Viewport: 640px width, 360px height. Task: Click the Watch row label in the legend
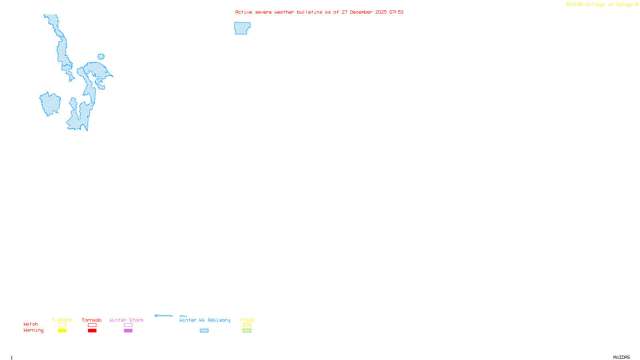click(31, 324)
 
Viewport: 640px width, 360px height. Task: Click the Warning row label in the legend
click(34, 330)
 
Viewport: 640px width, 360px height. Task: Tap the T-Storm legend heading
click(62, 320)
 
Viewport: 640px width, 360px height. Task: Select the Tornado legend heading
click(92, 320)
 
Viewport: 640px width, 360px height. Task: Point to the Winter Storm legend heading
click(126, 320)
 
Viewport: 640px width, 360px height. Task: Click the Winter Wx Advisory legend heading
click(205, 320)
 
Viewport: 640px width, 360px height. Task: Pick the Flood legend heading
click(247, 320)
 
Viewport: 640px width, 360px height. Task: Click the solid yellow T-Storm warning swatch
click(62, 331)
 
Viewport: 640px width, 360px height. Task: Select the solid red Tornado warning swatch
click(92, 331)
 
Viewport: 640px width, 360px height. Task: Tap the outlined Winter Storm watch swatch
click(128, 325)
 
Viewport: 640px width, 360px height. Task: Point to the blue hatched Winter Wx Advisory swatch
click(204, 331)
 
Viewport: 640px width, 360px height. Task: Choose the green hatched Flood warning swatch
click(247, 331)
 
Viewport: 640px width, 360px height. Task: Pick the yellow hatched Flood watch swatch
click(247, 325)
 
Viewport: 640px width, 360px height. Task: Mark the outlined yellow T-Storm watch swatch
click(62, 325)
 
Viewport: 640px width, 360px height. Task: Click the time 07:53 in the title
click(396, 12)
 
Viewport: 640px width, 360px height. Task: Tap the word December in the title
click(361, 12)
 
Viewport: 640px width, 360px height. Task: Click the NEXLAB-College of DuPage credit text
click(600, 5)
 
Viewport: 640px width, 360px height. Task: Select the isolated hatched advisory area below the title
click(242, 28)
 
